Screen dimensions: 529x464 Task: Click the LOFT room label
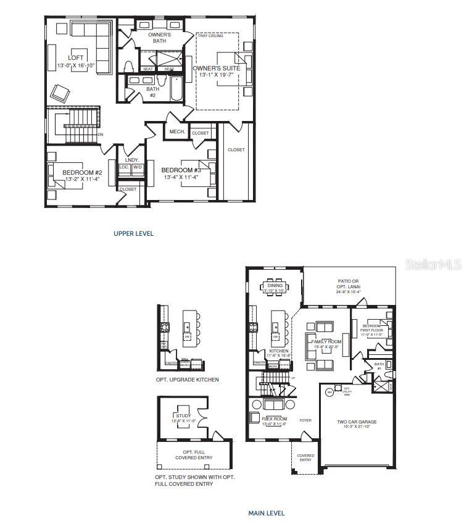(77, 58)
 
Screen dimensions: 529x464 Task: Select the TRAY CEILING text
(210, 36)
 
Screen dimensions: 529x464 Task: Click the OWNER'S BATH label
(160, 38)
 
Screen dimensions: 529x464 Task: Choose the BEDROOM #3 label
(181, 170)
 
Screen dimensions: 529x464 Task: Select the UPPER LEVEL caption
(133, 233)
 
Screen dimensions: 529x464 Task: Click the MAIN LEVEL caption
(266, 513)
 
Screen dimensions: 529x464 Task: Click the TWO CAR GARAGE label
(356, 422)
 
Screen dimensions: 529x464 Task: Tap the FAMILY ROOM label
(326, 341)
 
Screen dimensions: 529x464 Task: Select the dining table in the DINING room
(273, 286)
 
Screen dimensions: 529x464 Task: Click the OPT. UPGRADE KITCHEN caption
(187, 380)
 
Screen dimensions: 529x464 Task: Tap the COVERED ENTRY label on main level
(305, 457)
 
